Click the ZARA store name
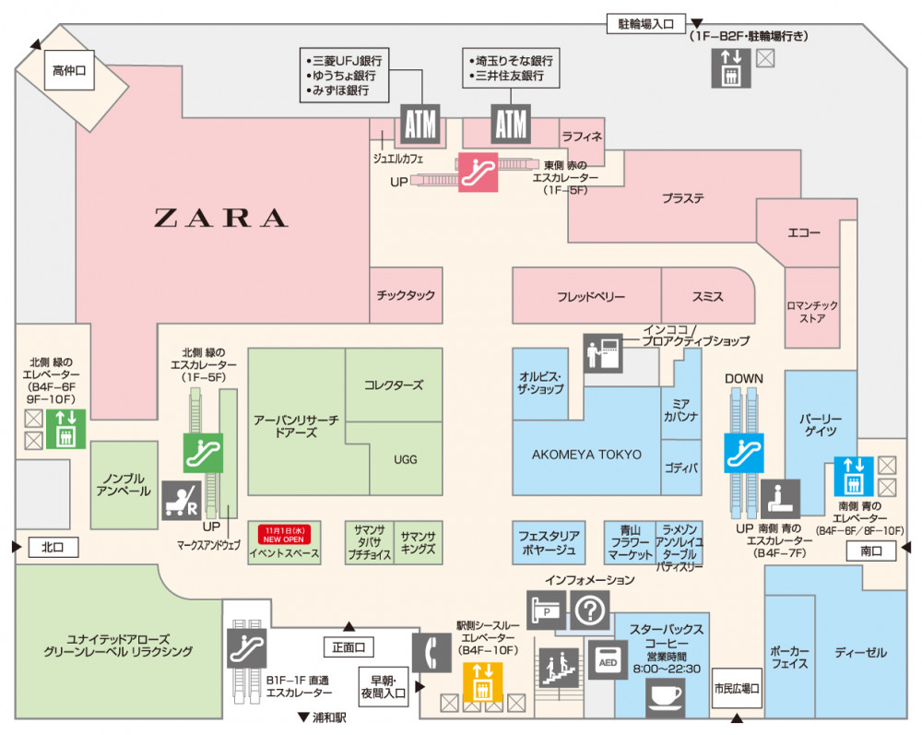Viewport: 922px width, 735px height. coord(220,219)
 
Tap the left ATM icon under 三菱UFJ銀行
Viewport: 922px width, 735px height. coord(420,124)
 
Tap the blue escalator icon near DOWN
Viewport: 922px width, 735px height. coord(744,452)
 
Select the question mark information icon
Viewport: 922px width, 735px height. coord(590,610)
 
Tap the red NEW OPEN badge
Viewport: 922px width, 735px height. coord(285,534)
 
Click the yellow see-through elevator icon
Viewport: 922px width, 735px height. coord(482,682)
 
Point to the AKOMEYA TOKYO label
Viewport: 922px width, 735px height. coord(586,455)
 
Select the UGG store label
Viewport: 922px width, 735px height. coord(406,458)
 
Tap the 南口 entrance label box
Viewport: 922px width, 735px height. coord(870,551)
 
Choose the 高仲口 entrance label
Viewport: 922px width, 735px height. coord(70,69)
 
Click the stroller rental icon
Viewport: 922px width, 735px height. coord(181,500)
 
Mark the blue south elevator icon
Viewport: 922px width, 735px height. coord(854,475)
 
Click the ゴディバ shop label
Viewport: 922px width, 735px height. coord(680,468)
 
